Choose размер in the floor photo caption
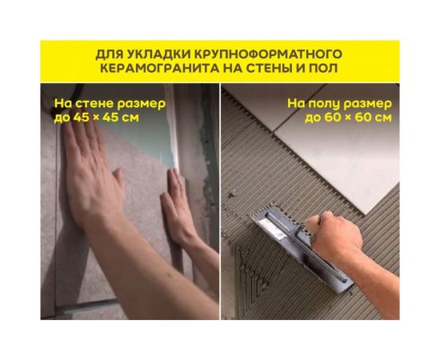(372, 103)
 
